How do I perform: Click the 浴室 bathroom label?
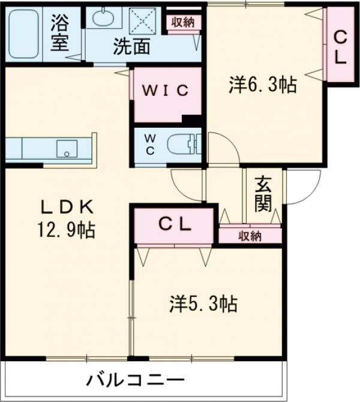coord(59,33)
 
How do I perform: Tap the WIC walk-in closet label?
coord(166,91)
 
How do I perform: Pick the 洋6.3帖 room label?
coord(262,85)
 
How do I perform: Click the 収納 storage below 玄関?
coord(249,236)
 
